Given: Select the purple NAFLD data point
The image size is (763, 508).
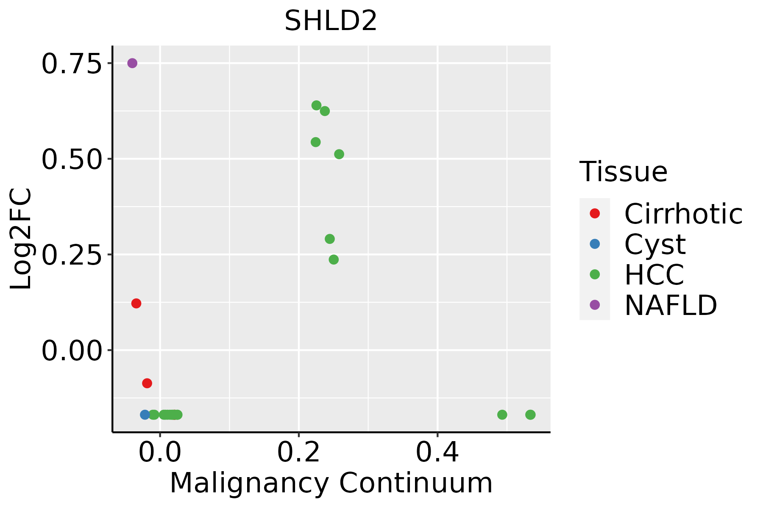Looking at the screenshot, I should point(132,63).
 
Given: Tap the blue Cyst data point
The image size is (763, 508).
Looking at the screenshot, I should point(145,414).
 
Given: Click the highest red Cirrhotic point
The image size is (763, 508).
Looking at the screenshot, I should point(136,303).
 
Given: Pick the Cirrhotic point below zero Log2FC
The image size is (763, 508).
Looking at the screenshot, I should point(147,383).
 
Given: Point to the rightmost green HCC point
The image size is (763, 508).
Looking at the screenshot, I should point(530,414).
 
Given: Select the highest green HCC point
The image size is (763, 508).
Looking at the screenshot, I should point(316,105).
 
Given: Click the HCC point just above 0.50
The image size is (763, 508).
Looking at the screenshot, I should point(339,154).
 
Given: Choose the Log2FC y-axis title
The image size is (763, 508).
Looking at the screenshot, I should point(21,239).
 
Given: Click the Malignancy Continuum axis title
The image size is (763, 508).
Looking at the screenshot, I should point(331,483).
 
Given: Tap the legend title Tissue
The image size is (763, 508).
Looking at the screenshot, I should point(623,172).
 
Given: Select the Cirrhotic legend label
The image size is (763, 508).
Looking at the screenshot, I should point(683,214).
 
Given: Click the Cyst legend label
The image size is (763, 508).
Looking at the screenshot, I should point(655,244).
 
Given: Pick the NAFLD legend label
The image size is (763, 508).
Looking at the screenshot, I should point(671,305).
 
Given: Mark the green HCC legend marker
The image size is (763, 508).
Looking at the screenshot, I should point(595,274).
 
